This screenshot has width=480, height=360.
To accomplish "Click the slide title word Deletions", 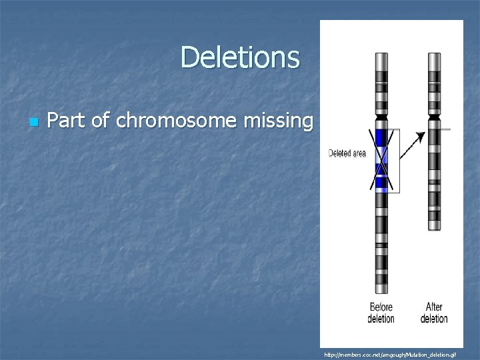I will pos(240,57).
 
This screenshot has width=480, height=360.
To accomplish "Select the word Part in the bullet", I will pos(65,121).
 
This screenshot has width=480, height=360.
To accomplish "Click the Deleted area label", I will pos(347,153).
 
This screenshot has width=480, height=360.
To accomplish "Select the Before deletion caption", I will pos(381,313).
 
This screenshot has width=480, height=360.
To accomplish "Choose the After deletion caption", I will pos(434,313).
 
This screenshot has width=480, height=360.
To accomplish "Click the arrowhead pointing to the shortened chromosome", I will pos(420,136).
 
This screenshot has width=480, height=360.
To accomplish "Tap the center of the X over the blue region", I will pos(381,159).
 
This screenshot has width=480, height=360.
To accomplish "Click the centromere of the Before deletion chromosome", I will pos(381,117).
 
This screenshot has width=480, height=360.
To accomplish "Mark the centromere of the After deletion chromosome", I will pos(434,117).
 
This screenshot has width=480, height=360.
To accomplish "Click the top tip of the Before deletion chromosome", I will pos(381,55).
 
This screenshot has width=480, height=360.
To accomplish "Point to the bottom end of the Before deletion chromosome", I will pos(381,292).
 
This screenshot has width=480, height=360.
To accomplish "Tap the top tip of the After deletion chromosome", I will pos(434,55).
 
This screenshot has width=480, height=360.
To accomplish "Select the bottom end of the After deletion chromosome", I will pos(434,229).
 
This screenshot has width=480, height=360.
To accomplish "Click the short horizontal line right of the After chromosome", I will pos(445,129).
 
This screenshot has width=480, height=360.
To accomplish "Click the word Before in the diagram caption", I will pos(381,307).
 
